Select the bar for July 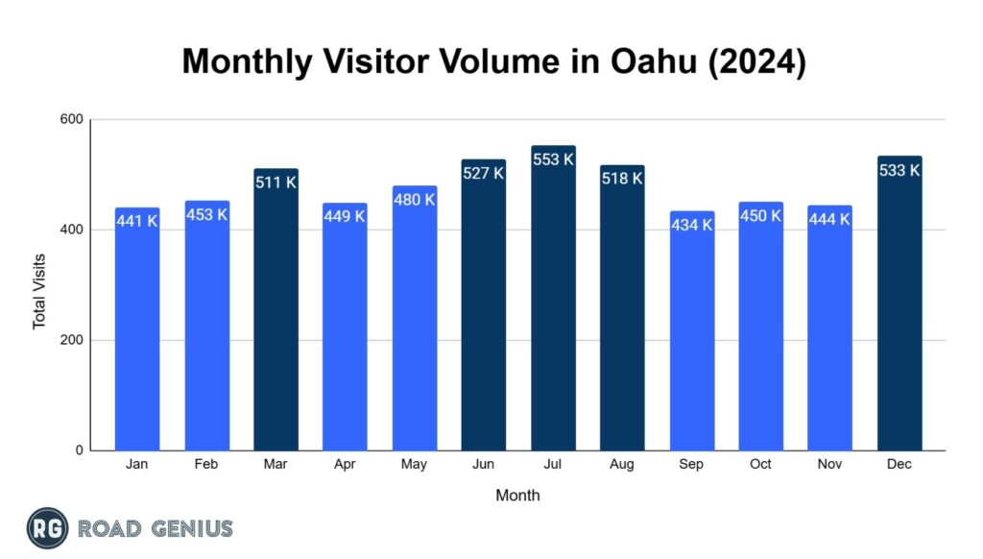(553, 307)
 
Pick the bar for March (276, 317)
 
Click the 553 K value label (553, 159)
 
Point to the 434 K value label (691, 225)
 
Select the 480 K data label (415, 200)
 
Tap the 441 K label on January (137, 221)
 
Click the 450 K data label (760, 216)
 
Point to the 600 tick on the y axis (72, 120)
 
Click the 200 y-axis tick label (72, 340)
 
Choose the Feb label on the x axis (206, 465)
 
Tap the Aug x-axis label (622, 465)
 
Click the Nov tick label (829, 465)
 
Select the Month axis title (517, 496)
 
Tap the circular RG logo (47, 528)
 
